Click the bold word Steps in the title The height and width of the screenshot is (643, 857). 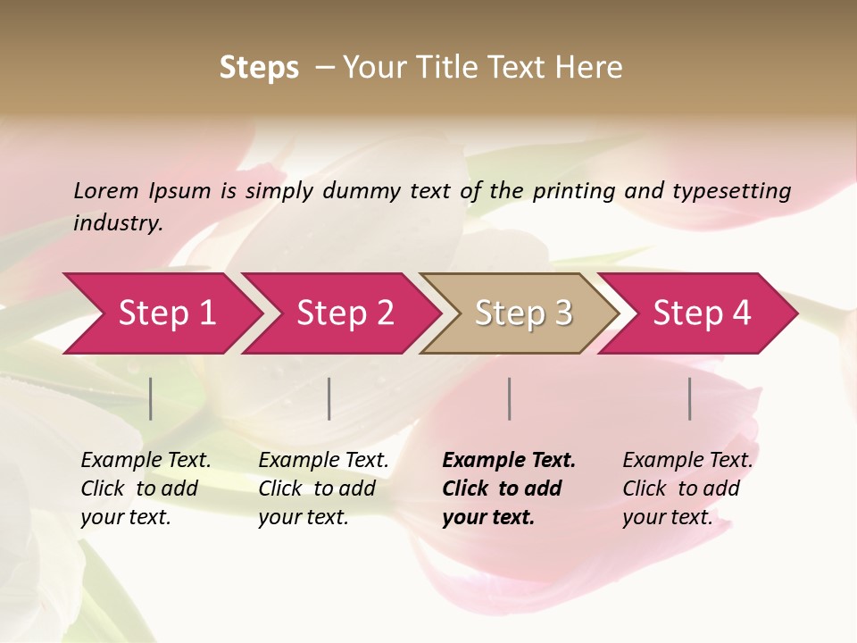point(259,68)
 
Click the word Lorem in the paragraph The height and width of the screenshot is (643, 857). point(106,190)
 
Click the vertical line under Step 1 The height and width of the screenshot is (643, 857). point(151,398)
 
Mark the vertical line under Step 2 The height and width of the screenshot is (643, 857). point(329,398)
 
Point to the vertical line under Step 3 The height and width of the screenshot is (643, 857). point(510,398)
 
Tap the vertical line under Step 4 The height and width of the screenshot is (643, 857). point(690,398)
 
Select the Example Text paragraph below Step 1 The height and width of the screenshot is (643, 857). point(145,489)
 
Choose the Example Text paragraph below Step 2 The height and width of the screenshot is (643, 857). point(322,489)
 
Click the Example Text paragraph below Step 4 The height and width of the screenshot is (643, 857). point(686,489)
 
